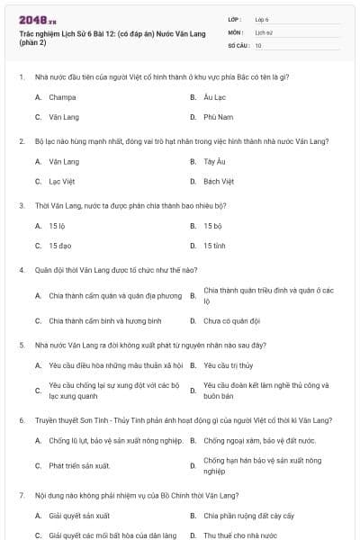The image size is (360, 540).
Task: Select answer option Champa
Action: [x=62, y=96]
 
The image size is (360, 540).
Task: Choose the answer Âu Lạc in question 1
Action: [x=214, y=96]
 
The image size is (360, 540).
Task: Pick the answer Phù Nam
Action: [x=218, y=117]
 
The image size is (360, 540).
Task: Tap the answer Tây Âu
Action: [x=214, y=161]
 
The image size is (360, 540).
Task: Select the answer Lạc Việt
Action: [x=62, y=181]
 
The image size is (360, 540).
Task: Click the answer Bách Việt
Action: [x=219, y=181]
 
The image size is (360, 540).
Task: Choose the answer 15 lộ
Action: [x=58, y=226]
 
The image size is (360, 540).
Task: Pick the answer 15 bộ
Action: [x=212, y=226]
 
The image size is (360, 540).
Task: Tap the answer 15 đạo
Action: [x=59, y=246]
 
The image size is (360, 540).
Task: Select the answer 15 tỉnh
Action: [x=214, y=246]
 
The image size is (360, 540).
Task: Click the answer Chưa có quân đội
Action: [x=231, y=320]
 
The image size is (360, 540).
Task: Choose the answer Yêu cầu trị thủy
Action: [x=229, y=365]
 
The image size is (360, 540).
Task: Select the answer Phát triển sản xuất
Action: [x=79, y=465]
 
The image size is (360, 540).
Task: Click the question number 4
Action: [x=21, y=270]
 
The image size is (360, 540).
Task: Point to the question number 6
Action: [x=21, y=420]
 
